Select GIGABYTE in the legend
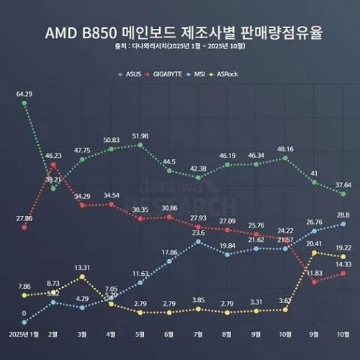(x=169, y=73)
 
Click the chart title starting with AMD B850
(x=179, y=33)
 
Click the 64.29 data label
(x=24, y=94)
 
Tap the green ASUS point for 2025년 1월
(x=24, y=103)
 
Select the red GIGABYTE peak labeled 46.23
(x=53, y=165)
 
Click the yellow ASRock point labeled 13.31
(x=83, y=276)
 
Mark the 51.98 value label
(x=140, y=136)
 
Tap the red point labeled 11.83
(x=314, y=282)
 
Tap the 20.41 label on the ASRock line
(x=314, y=243)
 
